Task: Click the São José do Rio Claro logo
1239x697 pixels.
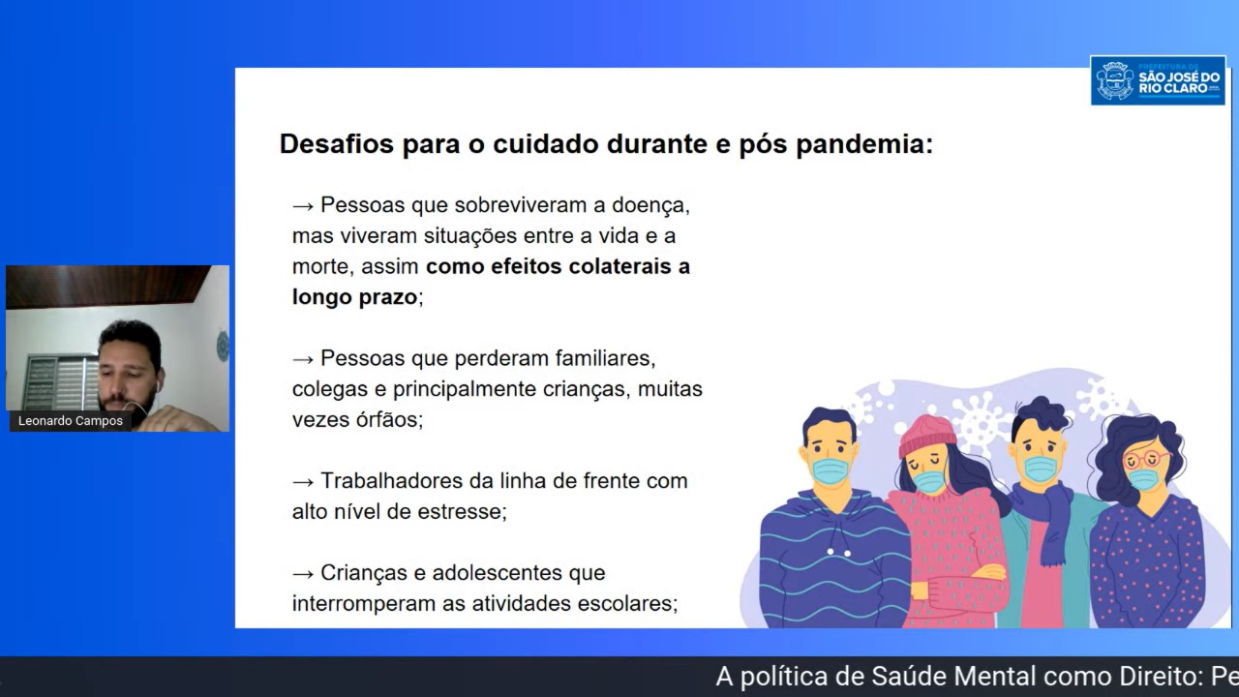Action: (1158, 80)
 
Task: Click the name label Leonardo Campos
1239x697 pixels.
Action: (71, 421)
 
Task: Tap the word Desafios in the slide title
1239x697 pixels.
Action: (336, 144)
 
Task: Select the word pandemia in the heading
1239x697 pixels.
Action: (864, 145)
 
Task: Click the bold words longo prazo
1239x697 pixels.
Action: (354, 297)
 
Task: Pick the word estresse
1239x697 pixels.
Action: (462, 512)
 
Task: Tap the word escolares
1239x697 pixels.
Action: (628, 603)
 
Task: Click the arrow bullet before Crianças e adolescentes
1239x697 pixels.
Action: (303, 574)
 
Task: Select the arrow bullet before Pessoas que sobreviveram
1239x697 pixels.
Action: (303, 206)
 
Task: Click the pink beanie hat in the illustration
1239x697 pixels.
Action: (926, 435)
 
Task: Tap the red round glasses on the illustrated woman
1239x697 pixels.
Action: (1146, 459)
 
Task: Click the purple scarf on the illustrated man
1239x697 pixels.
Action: (1045, 517)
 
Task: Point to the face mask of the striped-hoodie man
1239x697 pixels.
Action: (831, 471)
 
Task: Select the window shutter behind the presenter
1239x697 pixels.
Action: (61, 382)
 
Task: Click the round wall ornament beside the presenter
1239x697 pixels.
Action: (223, 347)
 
